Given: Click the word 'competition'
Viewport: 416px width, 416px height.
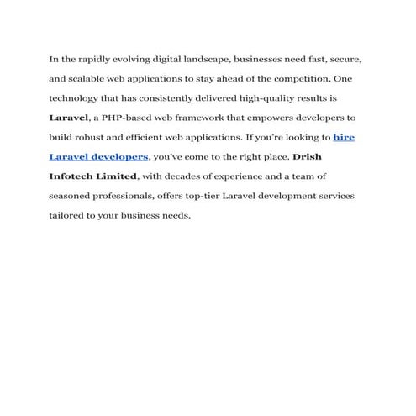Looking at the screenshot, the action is (294, 80).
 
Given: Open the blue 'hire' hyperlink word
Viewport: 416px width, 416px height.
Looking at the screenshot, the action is (344, 138).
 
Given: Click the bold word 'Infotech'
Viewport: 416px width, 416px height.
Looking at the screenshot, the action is (72, 176).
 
